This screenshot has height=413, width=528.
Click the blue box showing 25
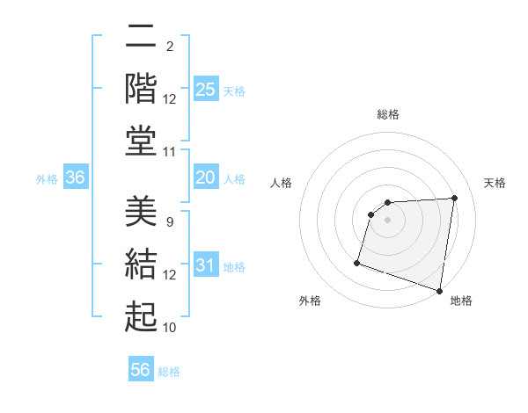coord(206,89)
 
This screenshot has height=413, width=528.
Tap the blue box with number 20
coord(206,178)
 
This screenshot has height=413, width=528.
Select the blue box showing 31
coord(206,265)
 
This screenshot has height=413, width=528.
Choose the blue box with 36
coord(76,178)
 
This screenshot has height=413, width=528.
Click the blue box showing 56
coord(141,370)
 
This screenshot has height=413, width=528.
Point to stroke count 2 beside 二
coord(169,46)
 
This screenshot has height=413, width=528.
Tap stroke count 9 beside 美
coord(169,222)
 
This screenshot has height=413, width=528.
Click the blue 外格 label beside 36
coord(47,178)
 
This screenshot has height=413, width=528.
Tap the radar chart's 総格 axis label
coord(388,114)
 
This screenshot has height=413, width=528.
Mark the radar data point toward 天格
coord(454,199)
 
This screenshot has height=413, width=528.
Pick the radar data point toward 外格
coord(357,263)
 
